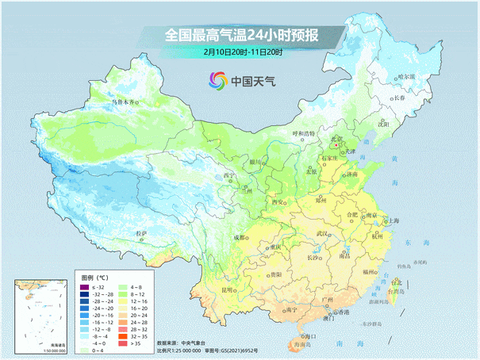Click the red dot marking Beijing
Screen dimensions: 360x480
coord(337,146)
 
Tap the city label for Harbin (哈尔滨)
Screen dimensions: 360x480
coord(405,77)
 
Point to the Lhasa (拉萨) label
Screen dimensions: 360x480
coord(141,233)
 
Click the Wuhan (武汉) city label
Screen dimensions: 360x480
coord(321,234)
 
